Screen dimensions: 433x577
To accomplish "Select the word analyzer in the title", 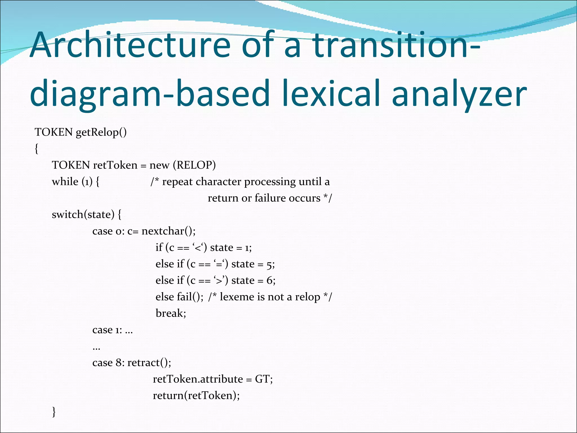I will [459, 94].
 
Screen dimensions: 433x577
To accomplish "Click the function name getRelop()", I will [101, 132].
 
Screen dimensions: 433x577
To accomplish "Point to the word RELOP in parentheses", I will [194, 165].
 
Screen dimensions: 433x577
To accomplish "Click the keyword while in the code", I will [65, 182].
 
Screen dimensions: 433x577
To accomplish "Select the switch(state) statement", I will [83, 215].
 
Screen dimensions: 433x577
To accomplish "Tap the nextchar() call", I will [168, 231].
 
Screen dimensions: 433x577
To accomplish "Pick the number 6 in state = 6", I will [270, 280].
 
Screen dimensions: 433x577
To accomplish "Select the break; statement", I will [171, 313].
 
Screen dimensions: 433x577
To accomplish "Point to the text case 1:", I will [107, 330].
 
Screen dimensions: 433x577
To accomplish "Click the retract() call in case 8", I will [149, 363].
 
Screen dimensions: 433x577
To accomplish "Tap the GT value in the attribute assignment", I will [262, 379].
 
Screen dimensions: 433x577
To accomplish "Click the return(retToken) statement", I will [196, 396].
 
